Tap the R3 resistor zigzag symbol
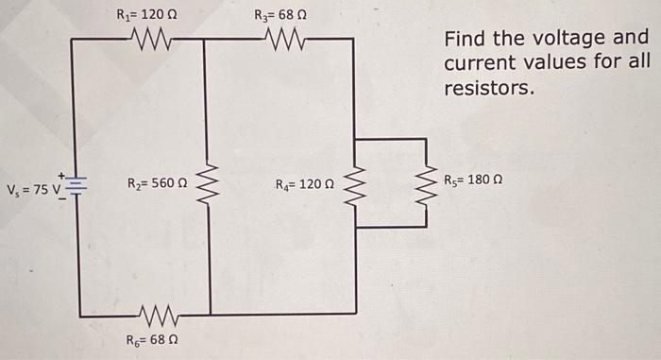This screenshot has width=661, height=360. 283,40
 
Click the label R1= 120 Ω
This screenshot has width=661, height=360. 141,14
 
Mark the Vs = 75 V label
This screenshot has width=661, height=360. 32,185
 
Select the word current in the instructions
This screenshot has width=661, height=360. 476,63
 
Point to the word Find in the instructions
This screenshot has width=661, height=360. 463,39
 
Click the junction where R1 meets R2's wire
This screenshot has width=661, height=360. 207,40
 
